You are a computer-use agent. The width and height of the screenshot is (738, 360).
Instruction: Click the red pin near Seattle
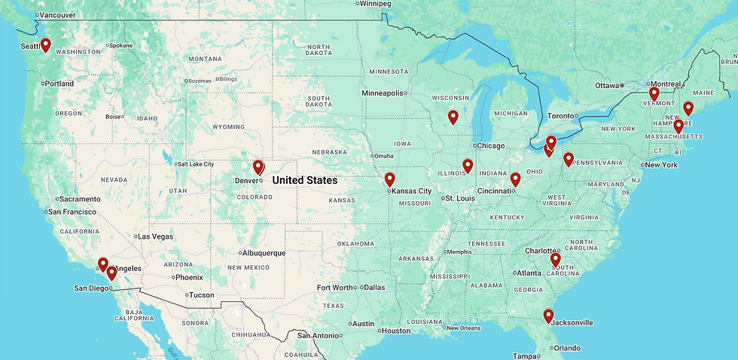(x=45, y=45)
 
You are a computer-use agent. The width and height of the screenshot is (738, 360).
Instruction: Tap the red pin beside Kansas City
(x=389, y=179)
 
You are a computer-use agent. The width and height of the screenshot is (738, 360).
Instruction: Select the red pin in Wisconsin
(x=453, y=117)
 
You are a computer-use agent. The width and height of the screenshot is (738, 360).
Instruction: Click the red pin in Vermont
(x=654, y=93)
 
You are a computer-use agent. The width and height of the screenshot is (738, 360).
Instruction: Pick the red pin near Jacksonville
(x=548, y=316)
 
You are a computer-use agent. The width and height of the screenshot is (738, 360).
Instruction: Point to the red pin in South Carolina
(x=556, y=259)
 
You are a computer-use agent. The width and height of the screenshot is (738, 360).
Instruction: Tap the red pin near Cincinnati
(x=515, y=179)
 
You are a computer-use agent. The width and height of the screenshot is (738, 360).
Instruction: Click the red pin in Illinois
(x=468, y=166)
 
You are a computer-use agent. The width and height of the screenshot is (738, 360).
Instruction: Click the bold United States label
(x=304, y=181)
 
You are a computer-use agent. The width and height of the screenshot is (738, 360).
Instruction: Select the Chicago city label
(x=492, y=145)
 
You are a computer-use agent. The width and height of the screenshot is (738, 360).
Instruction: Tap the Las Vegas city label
(x=156, y=236)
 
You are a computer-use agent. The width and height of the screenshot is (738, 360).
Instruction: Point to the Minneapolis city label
(x=382, y=93)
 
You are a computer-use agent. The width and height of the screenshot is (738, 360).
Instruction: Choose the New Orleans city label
(x=464, y=328)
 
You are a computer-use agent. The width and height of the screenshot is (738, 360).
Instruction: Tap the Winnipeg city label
(x=376, y=4)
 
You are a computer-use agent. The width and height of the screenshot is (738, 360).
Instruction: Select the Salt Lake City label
(x=195, y=164)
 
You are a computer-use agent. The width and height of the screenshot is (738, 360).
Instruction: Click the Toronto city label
(x=560, y=116)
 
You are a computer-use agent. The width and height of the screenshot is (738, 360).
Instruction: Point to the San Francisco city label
(x=72, y=212)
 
